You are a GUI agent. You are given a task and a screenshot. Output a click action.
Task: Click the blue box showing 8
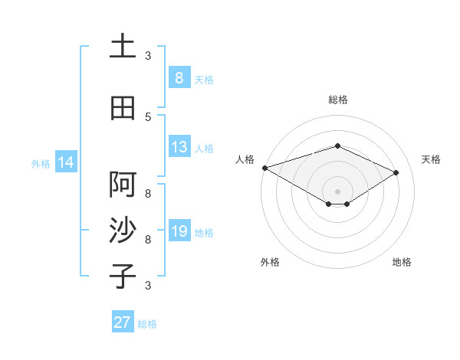(x=179, y=77)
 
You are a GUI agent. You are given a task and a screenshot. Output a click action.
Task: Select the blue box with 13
(x=179, y=147)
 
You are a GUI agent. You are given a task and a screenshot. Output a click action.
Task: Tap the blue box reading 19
(x=179, y=231)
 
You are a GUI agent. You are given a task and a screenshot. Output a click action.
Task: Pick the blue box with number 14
(x=65, y=162)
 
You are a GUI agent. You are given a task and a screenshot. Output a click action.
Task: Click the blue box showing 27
(x=123, y=322)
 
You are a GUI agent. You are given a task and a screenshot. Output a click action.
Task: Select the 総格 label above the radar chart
(x=337, y=100)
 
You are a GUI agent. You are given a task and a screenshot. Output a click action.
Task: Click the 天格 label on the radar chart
(x=432, y=159)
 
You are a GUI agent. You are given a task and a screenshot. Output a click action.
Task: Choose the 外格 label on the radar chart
(x=269, y=262)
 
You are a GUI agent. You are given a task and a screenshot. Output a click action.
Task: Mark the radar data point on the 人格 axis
(x=264, y=168)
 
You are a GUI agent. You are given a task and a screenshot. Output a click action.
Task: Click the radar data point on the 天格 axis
(x=396, y=173)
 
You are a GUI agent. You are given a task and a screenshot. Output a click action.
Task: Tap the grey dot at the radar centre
(x=337, y=191)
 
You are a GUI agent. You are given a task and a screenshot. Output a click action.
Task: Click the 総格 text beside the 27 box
(x=147, y=324)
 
